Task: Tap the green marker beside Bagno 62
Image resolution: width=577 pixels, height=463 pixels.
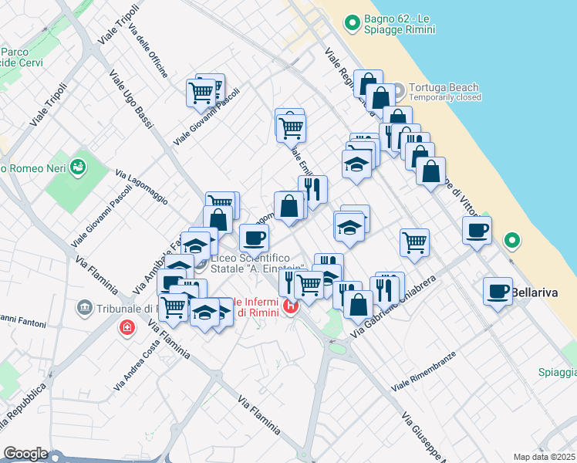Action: pos(353,23)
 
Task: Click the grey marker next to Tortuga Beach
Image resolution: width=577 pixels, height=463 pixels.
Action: pos(399,89)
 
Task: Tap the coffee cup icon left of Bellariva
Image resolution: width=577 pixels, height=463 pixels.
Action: pos(498,292)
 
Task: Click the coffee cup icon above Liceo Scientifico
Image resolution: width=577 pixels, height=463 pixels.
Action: pos(254,238)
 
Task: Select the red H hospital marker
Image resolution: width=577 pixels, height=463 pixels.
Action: pos(291,306)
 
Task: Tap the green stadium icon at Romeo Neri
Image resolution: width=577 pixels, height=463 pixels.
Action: pos(77,165)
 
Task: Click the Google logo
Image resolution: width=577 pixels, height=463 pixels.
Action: pos(25,454)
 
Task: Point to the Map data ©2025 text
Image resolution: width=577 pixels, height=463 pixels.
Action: pos(545,457)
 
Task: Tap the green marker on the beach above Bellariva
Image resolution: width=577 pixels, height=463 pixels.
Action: pos(511,242)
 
